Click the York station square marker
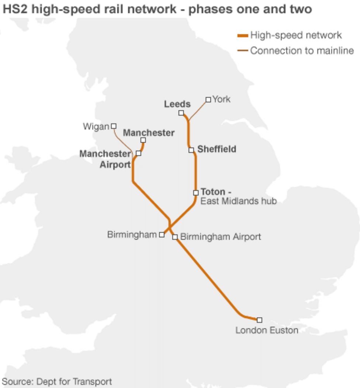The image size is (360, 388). [208, 100]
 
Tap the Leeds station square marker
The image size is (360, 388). [181, 113]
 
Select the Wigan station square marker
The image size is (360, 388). [114, 126]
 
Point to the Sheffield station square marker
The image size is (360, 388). [191, 150]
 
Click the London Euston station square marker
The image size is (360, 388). [259, 320]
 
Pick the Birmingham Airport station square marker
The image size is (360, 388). [175, 237]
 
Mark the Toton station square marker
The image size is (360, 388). [196, 193]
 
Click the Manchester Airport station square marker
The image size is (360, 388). [138, 153]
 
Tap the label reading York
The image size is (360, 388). [221, 99]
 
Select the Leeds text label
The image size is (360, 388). [177, 104]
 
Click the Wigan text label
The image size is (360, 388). [96, 127]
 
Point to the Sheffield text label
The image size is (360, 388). [217, 149]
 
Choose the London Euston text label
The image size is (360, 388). [267, 330]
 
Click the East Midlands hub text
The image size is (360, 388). [238, 201]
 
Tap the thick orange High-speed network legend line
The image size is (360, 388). [242, 36]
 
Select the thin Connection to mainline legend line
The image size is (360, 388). [242, 51]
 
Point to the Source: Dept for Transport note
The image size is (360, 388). [57, 381]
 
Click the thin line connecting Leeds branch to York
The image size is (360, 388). [198, 110]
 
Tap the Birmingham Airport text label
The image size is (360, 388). [221, 237]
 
